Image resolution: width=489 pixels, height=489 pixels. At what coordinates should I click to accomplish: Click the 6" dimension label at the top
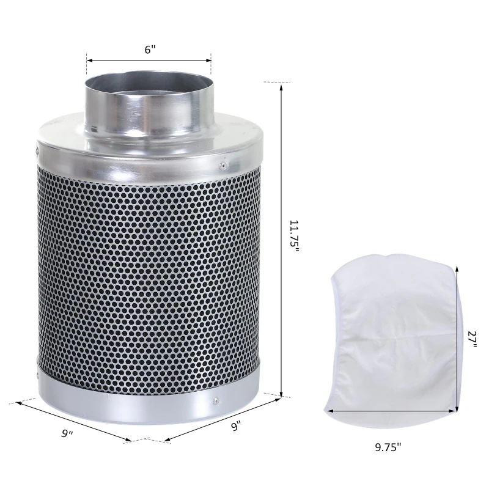click(150, 50)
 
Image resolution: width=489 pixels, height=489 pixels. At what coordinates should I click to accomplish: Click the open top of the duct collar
click(149, 82)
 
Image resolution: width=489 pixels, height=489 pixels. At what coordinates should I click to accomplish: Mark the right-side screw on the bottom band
click(215, 402)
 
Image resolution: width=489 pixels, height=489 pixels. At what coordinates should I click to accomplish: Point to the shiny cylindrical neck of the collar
click(149, 113)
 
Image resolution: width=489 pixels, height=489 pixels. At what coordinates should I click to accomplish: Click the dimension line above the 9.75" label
click(391, 411)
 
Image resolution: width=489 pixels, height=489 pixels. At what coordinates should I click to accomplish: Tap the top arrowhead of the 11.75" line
click(281, 86)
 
